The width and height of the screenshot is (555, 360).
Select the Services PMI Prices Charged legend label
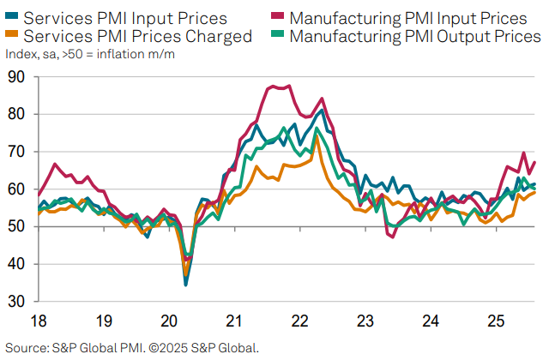[x=138, y=36]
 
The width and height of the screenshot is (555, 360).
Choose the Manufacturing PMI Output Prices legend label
[x=416, y=36]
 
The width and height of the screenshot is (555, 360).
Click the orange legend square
[x=11, y=35]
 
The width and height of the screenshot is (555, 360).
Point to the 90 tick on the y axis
[x=16, y=77]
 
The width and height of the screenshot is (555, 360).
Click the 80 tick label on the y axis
[x=16, y=114]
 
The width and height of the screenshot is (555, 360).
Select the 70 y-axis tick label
[x=16, y=152]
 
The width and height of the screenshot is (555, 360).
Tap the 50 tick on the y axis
[x=16, y=226]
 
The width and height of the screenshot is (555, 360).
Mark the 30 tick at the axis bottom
[x=16, y=301]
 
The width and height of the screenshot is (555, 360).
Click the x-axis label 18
[x=39, y=321]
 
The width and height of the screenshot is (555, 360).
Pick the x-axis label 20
[x=169, y=321]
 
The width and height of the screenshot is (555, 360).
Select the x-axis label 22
[x=299, y=321]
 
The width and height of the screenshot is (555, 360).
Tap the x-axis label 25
[x=495, y=321]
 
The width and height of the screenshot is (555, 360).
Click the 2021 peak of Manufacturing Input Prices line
[x=273, y=86]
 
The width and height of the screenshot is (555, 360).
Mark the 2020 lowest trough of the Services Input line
[x=186, y=284]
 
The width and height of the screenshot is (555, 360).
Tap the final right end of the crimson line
[x=535, y=162]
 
